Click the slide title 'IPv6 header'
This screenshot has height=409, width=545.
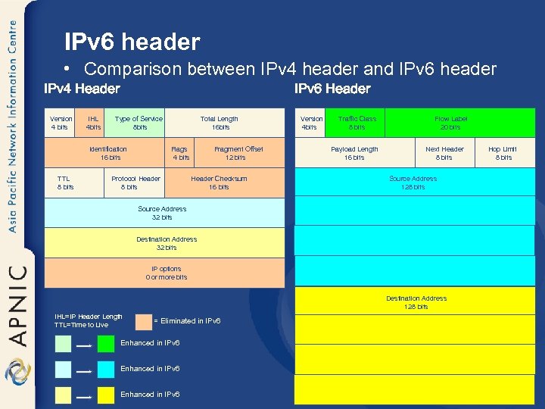coord(132,42)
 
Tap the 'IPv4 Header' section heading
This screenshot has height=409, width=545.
coord(82,89)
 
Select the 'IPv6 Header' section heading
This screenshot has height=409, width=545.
coord(332,89)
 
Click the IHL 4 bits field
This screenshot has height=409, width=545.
coord(93,123)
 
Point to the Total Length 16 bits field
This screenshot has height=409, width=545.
coord(220,123)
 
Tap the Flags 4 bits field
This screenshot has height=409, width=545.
coord(181,153)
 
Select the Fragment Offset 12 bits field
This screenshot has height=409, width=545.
coord(238,153)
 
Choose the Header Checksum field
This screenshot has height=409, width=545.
coord(220,183)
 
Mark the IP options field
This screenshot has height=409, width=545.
coord(166,273)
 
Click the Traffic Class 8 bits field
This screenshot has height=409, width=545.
coord(357,123)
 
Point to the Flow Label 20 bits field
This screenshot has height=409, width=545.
coord(451,123)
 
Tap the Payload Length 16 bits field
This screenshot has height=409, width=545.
coord(354,153)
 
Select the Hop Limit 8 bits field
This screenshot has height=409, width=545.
coord(503,153)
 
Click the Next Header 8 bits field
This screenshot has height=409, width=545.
coord(444,153)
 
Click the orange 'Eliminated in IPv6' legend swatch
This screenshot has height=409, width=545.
coord(143,322)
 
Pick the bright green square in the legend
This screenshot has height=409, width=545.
coord(106,344)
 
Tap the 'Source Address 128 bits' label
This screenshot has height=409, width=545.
coord(413,183)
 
